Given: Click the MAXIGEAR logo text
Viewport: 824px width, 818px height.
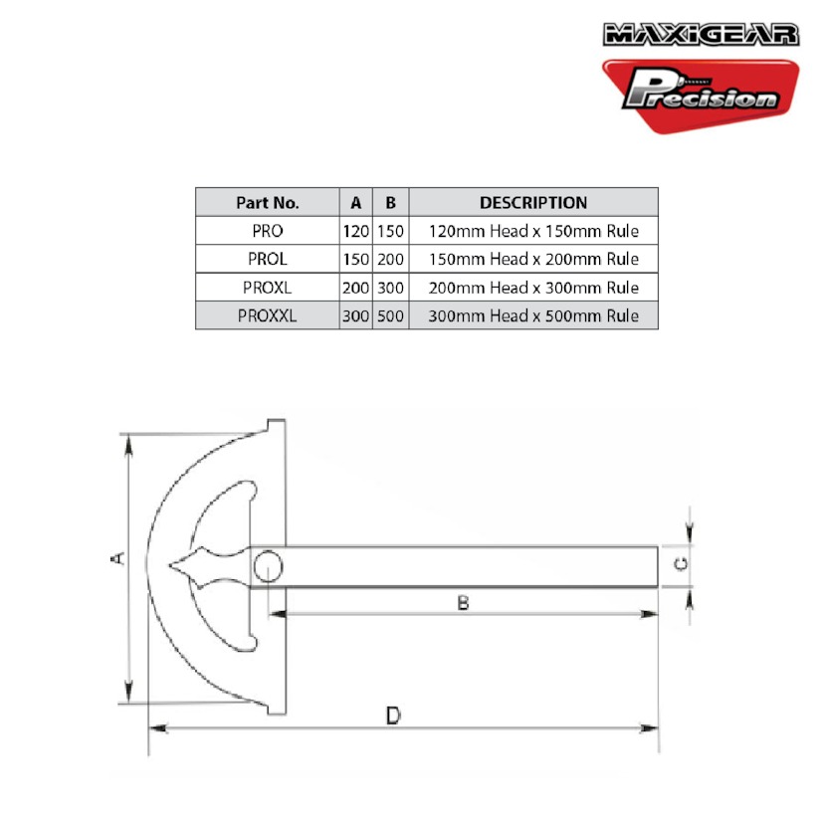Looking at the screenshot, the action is pos(701,35).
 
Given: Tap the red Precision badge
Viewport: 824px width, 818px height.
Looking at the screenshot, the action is pos(701,96).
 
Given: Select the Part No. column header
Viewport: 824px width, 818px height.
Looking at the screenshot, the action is pos(268,203).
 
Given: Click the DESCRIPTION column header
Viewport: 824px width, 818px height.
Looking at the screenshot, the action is pos(533,203).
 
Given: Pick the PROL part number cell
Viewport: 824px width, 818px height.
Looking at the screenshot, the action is pos(268,259).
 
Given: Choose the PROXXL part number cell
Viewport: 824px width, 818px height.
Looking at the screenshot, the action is pos(268,315).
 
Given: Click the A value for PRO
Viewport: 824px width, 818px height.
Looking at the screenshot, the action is pos(355,231).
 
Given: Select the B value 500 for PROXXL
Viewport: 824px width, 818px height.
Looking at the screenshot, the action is pos(390,315).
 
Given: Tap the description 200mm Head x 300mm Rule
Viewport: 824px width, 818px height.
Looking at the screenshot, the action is pos(533,288).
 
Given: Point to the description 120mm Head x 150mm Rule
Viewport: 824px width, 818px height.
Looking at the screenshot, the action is pos(533,231).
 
